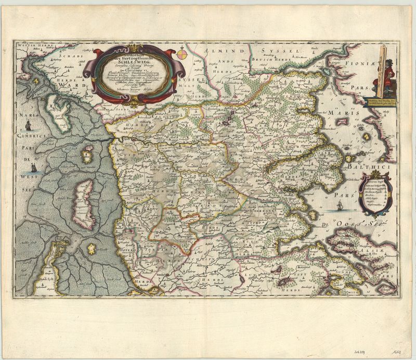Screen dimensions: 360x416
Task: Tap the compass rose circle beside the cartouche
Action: coord(183,52)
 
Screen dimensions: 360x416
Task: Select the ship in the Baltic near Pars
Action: coord(339,206)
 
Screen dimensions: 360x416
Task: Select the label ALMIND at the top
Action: coord(223,50)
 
